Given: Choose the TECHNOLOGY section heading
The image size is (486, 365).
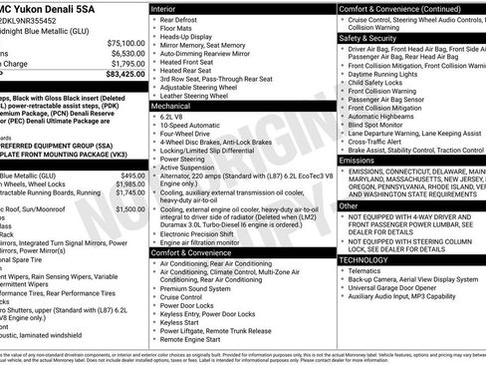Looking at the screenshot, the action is pyautogui.click(x=364, y=259).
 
